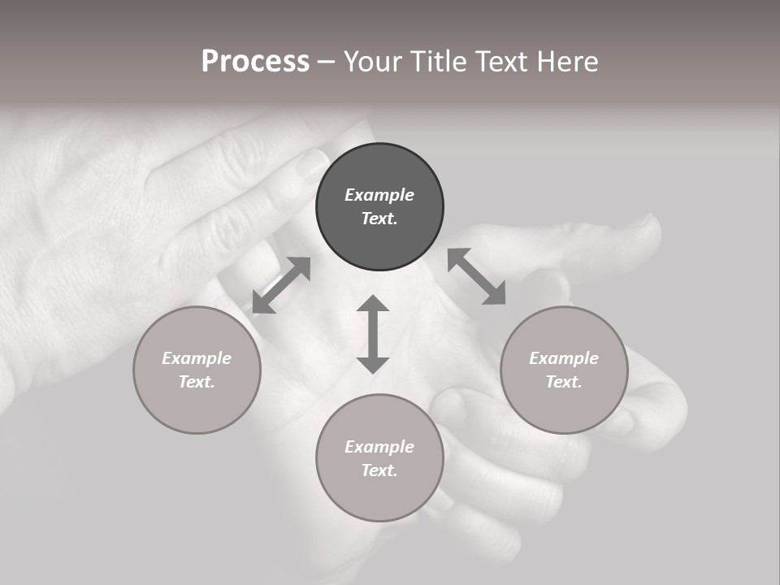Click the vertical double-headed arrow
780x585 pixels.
(373, 334)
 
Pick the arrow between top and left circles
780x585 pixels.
(281, 285)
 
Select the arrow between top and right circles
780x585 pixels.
(476, 276)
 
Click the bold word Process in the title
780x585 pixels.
(255, 61)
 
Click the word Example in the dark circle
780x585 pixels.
(379, 195)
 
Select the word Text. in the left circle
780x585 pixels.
(197, 382)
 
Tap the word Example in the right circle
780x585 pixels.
(564, 358)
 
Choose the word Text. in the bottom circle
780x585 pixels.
(379, 470)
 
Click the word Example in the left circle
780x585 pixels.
(197, 358)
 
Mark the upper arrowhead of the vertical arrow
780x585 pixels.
(373, 305)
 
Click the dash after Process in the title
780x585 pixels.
(326, 62)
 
